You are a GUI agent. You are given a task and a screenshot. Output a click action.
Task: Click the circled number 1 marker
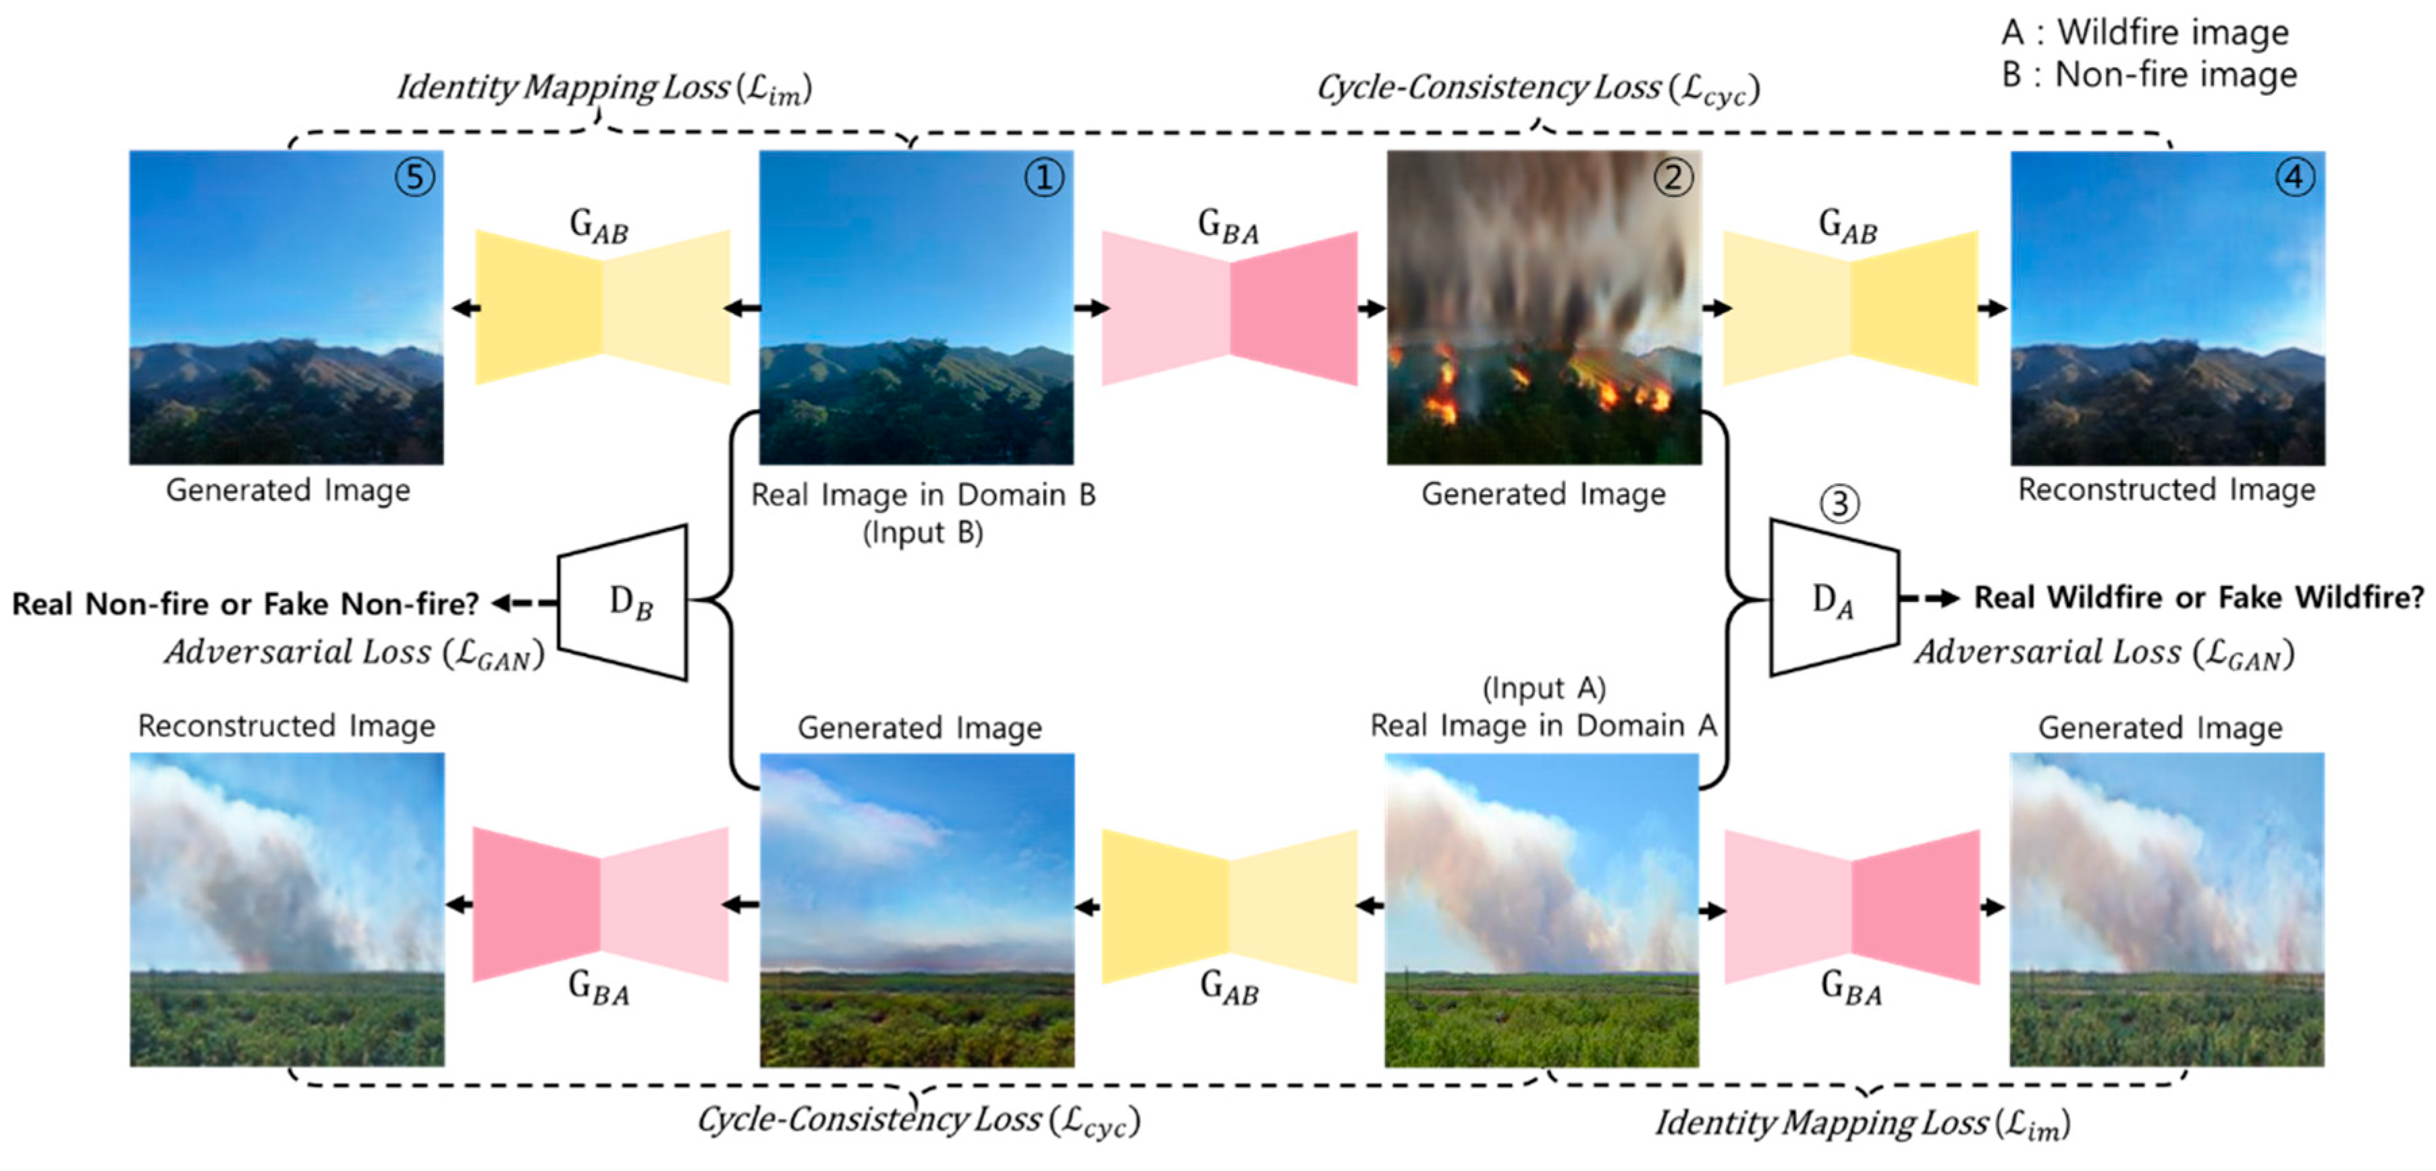(1044, 178)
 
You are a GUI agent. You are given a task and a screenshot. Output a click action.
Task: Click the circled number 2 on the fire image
(1672, 178)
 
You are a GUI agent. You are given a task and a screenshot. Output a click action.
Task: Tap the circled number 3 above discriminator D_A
(1839, 503)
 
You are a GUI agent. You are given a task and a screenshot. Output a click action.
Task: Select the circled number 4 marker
(2294, 178)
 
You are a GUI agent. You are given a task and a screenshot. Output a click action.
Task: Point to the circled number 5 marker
(415, 178)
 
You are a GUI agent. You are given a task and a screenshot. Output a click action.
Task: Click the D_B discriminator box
(625, 601)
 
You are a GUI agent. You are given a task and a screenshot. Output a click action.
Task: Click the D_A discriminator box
(1833, 598)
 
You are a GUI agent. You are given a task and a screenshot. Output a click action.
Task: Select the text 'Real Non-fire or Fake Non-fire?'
(246, 603)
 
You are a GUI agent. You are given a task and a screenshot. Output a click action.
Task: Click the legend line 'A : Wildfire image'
(2144, 32)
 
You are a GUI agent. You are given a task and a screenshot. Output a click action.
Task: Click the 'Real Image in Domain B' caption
(923, 495)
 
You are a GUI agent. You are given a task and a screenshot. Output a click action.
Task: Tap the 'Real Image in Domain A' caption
(1542, 726)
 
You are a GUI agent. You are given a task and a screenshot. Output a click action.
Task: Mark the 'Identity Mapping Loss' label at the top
(603, 88)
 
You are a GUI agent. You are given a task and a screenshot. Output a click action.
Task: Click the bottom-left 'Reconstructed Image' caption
(287, 726)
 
